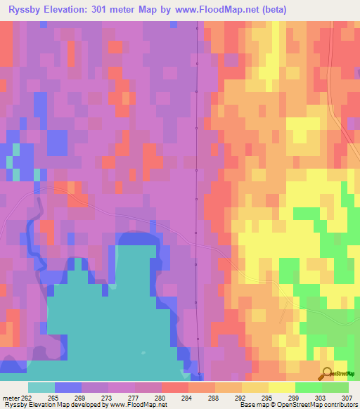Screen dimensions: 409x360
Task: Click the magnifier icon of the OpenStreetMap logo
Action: click(x=326, y=373)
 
